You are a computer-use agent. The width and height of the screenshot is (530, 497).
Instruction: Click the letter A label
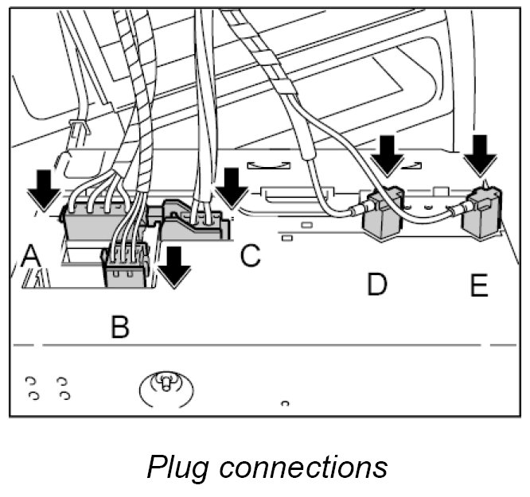pyautogui.click(x=31, y=257)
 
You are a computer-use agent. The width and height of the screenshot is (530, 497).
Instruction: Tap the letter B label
pyautogui.click(x=119, y=327)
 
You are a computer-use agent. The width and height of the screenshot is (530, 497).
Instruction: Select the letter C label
pyautogui.click(x=249, y=257)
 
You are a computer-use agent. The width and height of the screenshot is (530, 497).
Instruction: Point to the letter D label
pyautogui.click(x=377, y=284)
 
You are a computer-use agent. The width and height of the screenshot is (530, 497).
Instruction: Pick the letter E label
pyautogui.click(x=479, y=284)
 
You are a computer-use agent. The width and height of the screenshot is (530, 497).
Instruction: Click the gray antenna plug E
pyautogui.click(x=484, y=211)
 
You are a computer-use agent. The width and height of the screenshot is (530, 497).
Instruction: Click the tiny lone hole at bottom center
pyautogui.click(x=284, y=404)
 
